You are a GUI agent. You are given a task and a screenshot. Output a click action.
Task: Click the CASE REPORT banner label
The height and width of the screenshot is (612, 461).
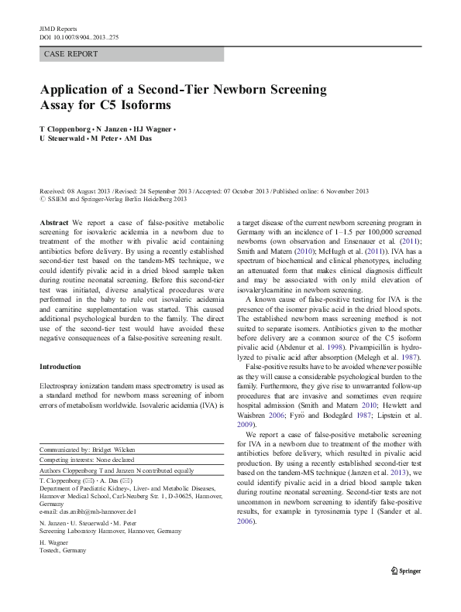[71, 54]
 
